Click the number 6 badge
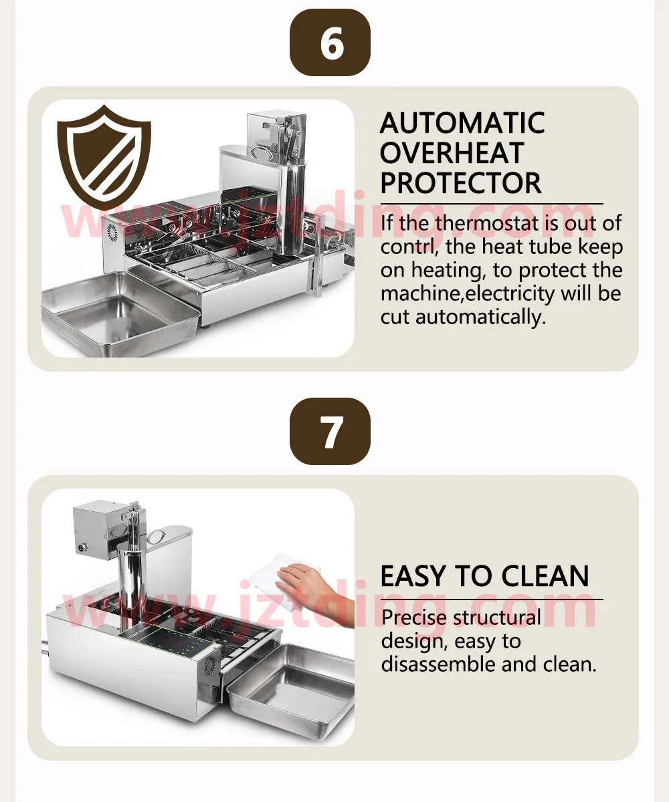(x=330, y=43)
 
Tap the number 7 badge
(x=330, y=431)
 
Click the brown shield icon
(x=104, y=155)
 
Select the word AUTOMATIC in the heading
(x=462, y=123)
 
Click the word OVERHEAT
(x=452, y=153)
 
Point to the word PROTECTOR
(x=461, y=183)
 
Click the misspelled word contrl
(x=410, y=247)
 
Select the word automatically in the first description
(x=480, y=317)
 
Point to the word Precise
(x=413, y=618)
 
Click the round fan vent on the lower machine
(x=210, y=666)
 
